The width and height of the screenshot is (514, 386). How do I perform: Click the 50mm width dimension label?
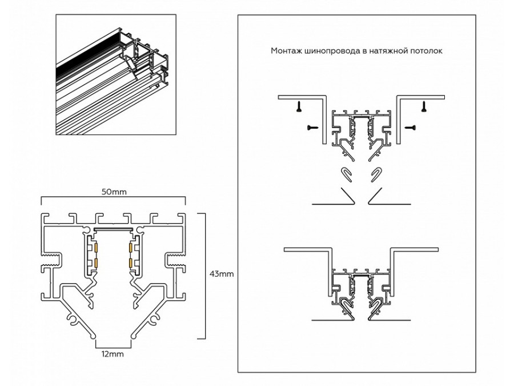click(113, 191)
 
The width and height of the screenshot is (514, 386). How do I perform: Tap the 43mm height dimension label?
click(222, 274)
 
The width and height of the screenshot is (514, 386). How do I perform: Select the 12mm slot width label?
click(113, 354)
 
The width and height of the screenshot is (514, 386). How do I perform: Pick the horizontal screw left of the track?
click(312, 128)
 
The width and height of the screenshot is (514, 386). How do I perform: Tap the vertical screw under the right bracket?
click(423, 105)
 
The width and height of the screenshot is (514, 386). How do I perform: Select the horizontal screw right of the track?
click(410, 128)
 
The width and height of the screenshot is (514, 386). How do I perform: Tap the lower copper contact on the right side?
click(132, 262)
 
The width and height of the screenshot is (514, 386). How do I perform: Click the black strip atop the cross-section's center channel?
click(113, 229)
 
